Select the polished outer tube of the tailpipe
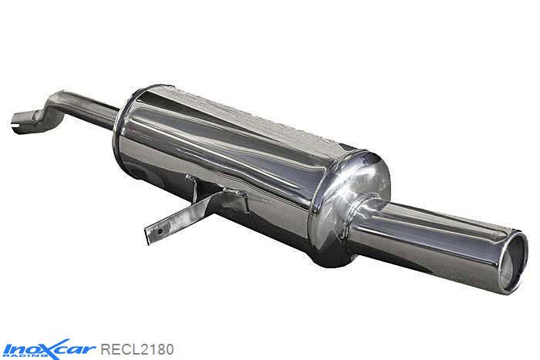pyautogui.click(x=432, y=231)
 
